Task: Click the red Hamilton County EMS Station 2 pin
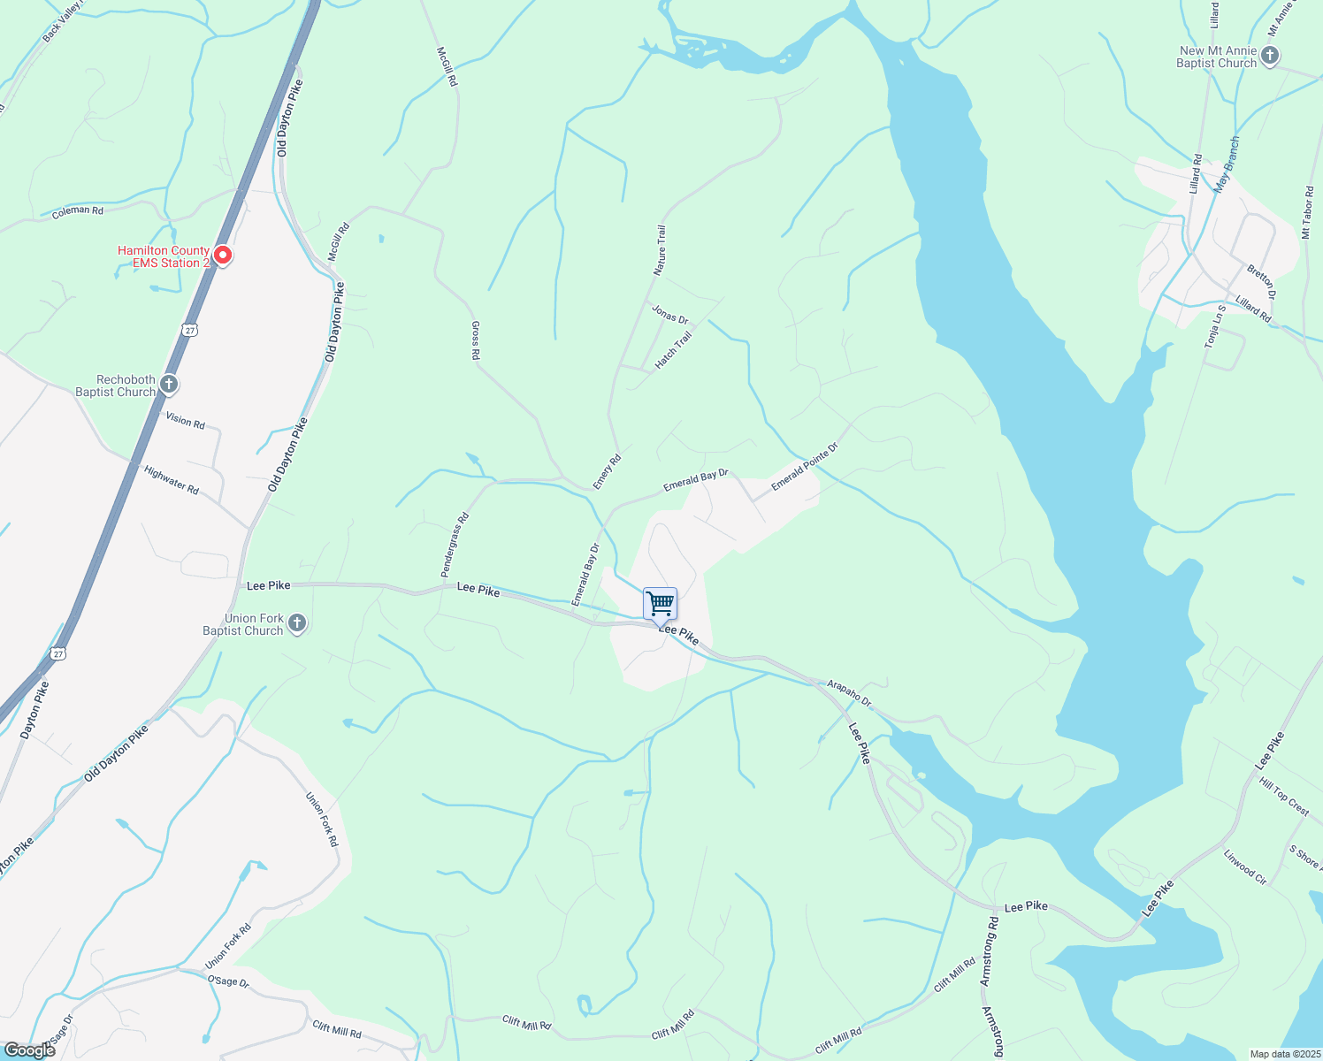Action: [224, 256]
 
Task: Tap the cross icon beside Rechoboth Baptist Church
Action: [169, 385]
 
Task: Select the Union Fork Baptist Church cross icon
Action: [297, 623]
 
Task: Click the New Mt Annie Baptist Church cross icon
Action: [1270, 57]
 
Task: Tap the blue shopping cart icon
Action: [661, 604]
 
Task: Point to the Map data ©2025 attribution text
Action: [1284, 1054]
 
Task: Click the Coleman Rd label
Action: [78, 212]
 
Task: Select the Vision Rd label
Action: [185, 422]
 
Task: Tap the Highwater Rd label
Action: [172, 480]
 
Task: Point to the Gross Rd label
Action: [475, 340]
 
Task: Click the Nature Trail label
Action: [660, 250]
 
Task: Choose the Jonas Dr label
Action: [669, 314]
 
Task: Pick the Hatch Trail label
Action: [674, 351]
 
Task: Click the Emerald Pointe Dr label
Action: [804, 467]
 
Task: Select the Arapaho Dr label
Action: [849, 693]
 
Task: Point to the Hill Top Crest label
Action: [1284, 796]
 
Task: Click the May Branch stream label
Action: [1227, 164]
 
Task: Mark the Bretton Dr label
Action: [1262, 281]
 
